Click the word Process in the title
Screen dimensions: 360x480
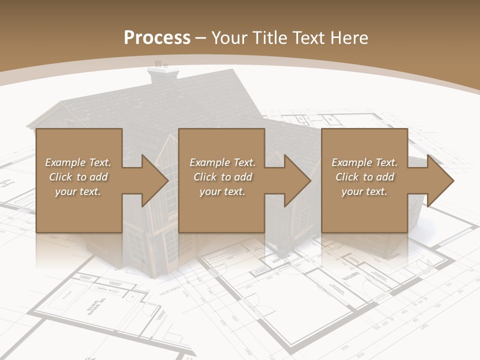tap(157, 37)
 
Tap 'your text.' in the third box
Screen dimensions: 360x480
tap(364, 191)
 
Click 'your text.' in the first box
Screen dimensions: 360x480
tap(78, 191)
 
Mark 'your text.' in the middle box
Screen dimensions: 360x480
tap(222, 191)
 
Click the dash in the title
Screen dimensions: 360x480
tap(200, 38)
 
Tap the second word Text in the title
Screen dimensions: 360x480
tap(309, 37)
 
